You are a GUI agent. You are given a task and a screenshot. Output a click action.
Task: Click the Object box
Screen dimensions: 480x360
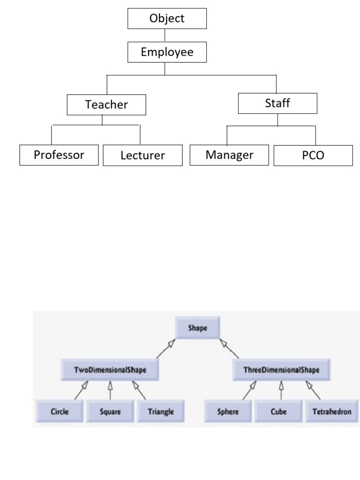coord(167,19)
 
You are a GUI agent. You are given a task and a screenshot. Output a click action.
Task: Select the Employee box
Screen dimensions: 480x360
coord(167,52)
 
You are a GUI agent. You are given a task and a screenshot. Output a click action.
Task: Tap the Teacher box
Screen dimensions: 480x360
coord(106,105)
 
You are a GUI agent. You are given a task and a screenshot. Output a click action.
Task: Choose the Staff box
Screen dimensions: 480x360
coord(277,103)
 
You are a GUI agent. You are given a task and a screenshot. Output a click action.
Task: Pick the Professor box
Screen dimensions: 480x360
coord(59,155)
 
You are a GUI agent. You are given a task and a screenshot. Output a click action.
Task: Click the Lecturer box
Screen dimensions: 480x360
coord(142,156)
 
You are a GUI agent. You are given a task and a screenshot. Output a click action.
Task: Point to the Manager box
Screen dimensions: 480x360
coord(229,155)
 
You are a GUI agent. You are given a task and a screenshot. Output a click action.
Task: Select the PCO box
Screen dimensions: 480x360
coord(313,156)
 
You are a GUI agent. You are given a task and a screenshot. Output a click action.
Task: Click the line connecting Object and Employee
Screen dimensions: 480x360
coord(165,36)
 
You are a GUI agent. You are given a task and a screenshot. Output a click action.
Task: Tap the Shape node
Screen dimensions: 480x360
coord(198,328)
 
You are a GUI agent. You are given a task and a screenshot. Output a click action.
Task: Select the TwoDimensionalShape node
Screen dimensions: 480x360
coord(110,370)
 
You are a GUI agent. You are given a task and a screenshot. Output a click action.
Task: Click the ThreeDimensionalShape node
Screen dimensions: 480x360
coord(281,370)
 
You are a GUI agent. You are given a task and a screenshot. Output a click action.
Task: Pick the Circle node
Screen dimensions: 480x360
coord(60,412)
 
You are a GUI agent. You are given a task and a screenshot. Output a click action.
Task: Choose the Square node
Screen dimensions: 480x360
coord(110,412)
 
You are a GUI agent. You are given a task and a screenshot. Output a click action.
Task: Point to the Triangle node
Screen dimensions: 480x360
coord(161,412)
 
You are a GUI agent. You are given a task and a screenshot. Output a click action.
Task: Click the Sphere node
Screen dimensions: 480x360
coord(229,412)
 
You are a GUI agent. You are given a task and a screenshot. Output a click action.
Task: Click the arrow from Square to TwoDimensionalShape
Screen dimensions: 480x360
coord(110,390)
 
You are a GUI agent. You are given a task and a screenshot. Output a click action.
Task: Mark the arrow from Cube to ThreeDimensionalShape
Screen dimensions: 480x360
coord(281,390)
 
